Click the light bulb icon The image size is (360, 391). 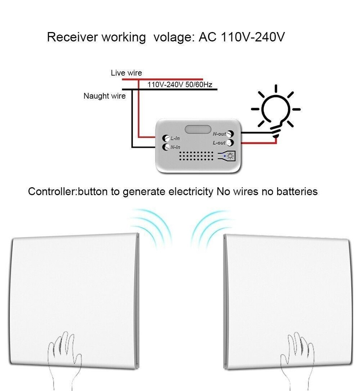pos(276,111)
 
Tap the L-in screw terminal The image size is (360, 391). pos(165,138)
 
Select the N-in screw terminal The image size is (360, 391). pos(165,147)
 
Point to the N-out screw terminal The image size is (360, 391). pos(230,134)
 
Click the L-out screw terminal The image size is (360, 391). pos(230,143)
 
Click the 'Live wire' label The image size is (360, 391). pos(126,73)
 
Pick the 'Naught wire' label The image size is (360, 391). pos(104,96)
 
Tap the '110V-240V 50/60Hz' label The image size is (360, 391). pos(179,84)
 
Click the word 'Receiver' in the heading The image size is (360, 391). pos(72,38)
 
